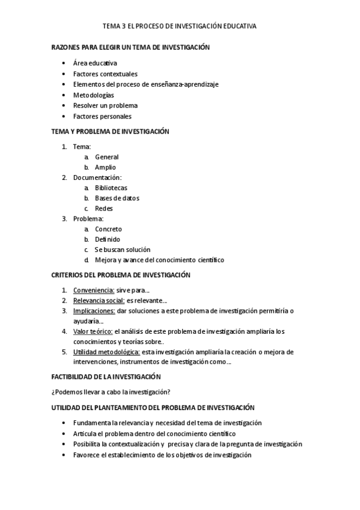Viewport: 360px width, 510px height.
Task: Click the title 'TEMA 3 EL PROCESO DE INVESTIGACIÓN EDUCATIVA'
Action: coord(180,26)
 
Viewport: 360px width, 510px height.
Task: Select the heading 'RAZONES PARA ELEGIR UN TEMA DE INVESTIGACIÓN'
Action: coord(130,47)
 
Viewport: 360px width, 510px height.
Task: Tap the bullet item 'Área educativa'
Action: coord(95,63)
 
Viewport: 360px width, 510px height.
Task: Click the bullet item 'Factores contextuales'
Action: coord(105,73)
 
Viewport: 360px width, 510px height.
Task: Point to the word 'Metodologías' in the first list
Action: coord(93,95)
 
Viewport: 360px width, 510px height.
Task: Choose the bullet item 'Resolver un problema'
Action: coord(105,106)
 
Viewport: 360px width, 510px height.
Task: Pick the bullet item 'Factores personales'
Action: coord(102,117)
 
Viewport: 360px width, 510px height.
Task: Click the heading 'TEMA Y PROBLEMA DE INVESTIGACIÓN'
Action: coord(111,131)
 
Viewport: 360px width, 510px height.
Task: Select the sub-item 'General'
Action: coord(107,157)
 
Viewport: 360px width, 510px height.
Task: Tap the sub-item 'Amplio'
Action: coord(105,167)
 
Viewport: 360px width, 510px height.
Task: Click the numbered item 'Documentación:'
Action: coord(97,178)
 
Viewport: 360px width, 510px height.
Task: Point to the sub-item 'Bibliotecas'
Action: coord(111,188)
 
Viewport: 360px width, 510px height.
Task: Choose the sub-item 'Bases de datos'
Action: coord(117,198)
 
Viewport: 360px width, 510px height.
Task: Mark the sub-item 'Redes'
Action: coord(104,209)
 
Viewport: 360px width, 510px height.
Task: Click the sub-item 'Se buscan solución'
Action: coord(123,250)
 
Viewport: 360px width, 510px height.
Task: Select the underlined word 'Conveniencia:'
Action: coord(94,290)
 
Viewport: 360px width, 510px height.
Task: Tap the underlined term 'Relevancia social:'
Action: coord(99,300)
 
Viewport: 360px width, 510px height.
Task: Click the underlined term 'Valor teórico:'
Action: coord(93,331)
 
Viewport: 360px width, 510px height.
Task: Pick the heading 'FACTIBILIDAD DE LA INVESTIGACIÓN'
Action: coord(106,376)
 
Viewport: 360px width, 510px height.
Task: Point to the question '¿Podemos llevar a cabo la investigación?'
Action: coord(111,392)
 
